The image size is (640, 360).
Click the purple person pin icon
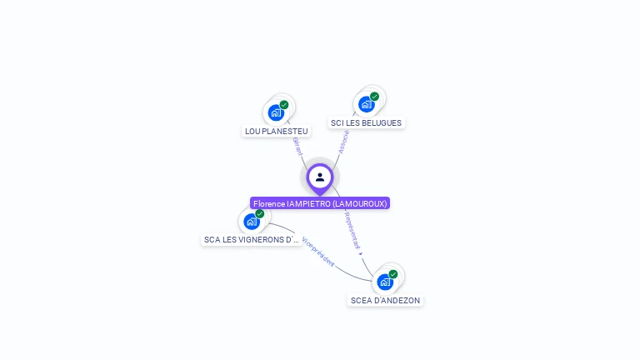click(x=320, y=177)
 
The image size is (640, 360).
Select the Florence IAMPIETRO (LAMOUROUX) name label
click(x=320, y=203)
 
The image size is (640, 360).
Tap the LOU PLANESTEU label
click(x=277, y=131)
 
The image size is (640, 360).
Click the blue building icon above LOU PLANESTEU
click(x=276, y=112)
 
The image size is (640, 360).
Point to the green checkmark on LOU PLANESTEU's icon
click(x=284, y=105)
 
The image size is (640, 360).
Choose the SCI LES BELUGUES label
click(x=366, y=122)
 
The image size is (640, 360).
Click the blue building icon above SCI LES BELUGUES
click(x=366, y=104)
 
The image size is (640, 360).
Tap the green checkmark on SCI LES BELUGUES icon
click(x=374, y=97)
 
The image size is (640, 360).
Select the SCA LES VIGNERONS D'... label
click(x=252, y=239)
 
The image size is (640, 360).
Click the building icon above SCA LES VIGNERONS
click(x=251, y=222)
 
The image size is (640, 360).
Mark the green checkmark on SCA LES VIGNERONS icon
click(x=260, y=214)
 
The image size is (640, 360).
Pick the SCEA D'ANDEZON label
click(x=385, y=300)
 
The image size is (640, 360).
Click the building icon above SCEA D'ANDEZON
click(x=384, y=282)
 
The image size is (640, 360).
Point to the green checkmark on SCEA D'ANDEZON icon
click(x=393, y=274)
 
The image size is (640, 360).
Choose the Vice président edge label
click(x=318, y=250)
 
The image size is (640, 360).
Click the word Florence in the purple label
click(x=269, y=203)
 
